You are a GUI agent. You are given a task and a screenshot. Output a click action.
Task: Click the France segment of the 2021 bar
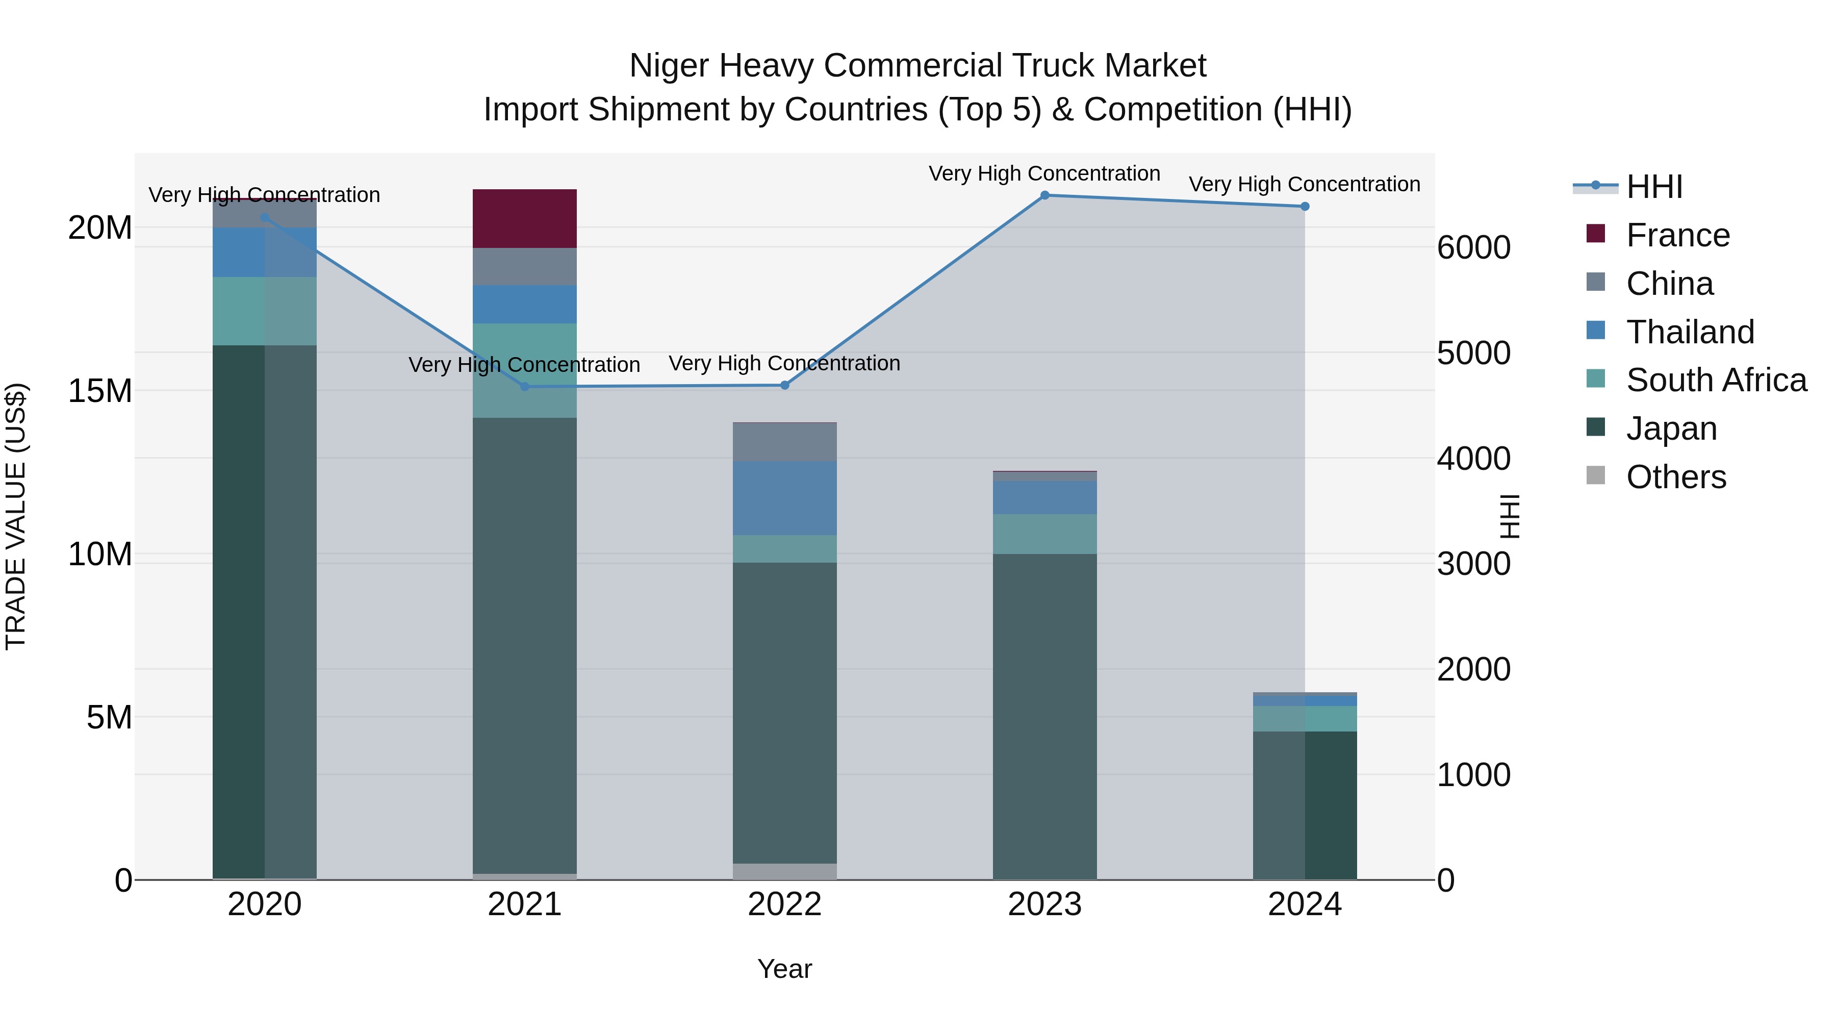click(x=525, y=218)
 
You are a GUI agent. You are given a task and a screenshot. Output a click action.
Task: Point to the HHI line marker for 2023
click(x=1045, y=195)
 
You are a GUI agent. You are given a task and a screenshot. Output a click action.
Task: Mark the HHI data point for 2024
click(x=1305, y=207)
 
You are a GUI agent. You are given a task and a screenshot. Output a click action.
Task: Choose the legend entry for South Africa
click(x=1716, y=380)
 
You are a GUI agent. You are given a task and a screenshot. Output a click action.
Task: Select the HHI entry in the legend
click(x=1653, y=187)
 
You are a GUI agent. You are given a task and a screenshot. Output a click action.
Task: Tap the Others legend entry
click(x=1676, y=477)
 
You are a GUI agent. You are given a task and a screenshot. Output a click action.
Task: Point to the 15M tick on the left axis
click(x=100, y=391)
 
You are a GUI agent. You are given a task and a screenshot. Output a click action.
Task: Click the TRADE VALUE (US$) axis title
click(x=16, y=516)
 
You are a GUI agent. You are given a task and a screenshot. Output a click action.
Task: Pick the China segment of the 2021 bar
click(x=525, y=267)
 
